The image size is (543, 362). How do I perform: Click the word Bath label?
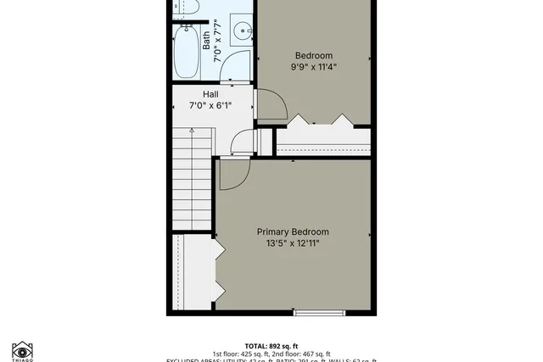click(x=206, y=41)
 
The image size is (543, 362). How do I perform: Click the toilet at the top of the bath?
click(x=188, y=8)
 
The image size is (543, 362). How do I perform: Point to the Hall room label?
click(x=211, y=94)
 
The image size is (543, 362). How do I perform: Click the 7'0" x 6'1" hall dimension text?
click(x=211, y=106)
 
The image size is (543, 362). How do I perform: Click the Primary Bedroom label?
click(x=293, y=231)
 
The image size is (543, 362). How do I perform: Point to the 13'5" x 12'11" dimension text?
click(x=293, y=243)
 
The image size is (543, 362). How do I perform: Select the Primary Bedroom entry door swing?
click(x=232, y=174)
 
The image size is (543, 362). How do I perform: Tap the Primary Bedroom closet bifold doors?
click(x=218, y=270)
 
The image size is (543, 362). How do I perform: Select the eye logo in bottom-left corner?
click(x=22, y=350)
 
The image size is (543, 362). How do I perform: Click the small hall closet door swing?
click(x=243, y=143)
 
